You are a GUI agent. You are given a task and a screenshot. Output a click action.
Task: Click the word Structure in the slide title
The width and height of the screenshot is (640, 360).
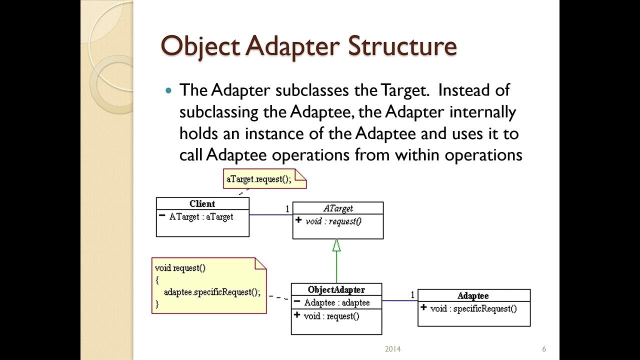point(402,46)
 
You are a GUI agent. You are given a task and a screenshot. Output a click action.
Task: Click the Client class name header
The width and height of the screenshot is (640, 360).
point(202,203)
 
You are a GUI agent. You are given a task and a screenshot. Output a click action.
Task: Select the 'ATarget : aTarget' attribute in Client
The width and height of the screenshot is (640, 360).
point(201,216)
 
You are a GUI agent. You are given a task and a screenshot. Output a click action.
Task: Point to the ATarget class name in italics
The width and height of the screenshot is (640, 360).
point(337,208)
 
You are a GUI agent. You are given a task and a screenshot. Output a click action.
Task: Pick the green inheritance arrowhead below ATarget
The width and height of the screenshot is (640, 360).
point(336,245)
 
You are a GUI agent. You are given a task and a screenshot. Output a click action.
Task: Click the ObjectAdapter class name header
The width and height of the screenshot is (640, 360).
point(336,289)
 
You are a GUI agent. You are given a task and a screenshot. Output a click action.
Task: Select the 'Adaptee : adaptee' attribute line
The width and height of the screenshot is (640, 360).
point(337,302)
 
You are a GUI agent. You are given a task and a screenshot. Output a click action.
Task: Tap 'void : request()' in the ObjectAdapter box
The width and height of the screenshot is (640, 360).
point(331,316)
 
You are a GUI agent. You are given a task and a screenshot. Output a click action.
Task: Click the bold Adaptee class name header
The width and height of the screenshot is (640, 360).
point(473,296)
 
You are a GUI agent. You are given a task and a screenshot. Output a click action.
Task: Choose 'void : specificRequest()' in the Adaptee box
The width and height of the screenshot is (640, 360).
point(473,308)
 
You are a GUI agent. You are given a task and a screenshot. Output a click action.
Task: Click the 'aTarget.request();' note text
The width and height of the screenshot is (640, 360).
point(259,179)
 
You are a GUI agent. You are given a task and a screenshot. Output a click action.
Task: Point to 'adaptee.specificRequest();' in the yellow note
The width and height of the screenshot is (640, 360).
point(212,292)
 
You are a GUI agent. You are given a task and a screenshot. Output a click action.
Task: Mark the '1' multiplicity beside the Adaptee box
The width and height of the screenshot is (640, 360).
point(412,295)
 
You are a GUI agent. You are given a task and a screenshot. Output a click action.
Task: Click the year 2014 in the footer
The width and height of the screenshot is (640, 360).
point(393,349)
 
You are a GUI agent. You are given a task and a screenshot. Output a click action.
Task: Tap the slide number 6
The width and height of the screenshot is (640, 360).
point(543,349)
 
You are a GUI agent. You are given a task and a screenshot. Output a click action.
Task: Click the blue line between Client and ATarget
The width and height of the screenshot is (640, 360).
point(270,215)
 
